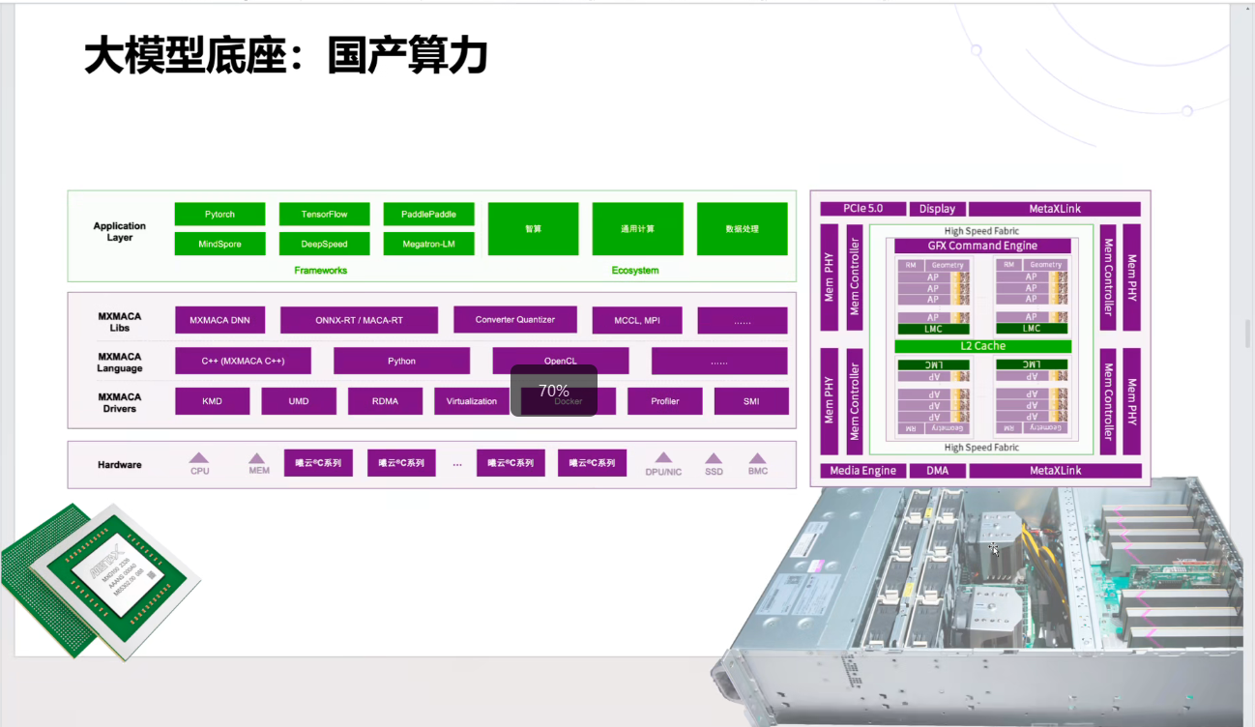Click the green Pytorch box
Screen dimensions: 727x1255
pos(219,214)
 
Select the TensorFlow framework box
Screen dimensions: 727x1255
pos(324,214)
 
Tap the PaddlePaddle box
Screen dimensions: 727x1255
pos(428,214)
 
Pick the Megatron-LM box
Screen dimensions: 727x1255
pos(428,244)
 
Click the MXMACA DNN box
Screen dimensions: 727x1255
pos(219,320)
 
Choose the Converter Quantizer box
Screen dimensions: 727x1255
pos(514,319)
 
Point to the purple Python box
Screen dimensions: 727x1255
pos(401,361)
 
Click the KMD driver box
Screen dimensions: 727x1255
pos(212,401)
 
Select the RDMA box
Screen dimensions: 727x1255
pos(385,401)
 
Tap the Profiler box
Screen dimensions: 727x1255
pos(664,401)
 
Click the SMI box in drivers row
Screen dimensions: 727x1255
pos(751,401)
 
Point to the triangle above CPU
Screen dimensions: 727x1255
pos(199,458)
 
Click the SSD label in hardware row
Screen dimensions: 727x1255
pos(714,472)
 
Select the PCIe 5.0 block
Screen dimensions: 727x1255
pos(862,209)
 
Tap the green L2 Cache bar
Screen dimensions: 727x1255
pos(982,346)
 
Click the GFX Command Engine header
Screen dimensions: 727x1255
pos(982,246)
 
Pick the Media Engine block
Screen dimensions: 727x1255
pos(863,471)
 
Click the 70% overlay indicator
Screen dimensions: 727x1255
pos(554,391)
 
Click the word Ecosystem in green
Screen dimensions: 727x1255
pos(635,271)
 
